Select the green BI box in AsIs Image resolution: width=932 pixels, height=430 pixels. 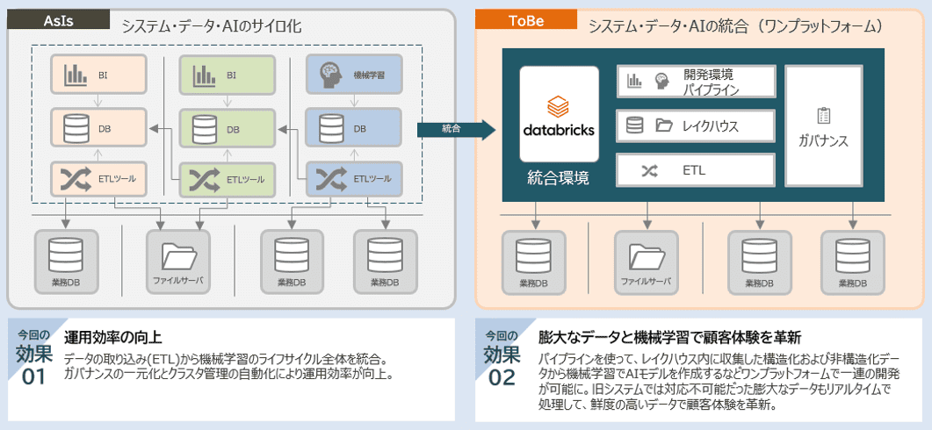coord(227,76)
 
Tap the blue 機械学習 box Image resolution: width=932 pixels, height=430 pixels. coord(354,76)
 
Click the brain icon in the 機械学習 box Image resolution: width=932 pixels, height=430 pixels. coord(329,75)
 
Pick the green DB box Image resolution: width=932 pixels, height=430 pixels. coord(227,129)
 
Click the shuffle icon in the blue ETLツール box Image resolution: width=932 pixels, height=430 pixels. coord(329,179)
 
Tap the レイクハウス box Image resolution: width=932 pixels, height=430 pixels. coord(697,126)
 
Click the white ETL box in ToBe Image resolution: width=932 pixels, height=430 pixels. coord(697,170)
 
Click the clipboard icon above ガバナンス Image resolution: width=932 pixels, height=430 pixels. coord(823,115)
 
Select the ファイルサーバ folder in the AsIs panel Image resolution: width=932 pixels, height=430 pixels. coord(178,254)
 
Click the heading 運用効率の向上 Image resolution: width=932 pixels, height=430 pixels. coord(113,337)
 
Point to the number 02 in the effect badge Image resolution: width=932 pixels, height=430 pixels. coord(502,377)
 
